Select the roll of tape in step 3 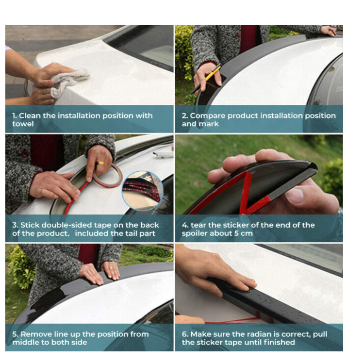pos(108,175)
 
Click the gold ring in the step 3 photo pos(100,163)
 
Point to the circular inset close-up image pos(143,191)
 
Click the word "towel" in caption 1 pos(23,124)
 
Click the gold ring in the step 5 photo pos(111,268)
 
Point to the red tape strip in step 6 pos(232,321)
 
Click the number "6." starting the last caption pos(185,334)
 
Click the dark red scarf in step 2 pos(249,39)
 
